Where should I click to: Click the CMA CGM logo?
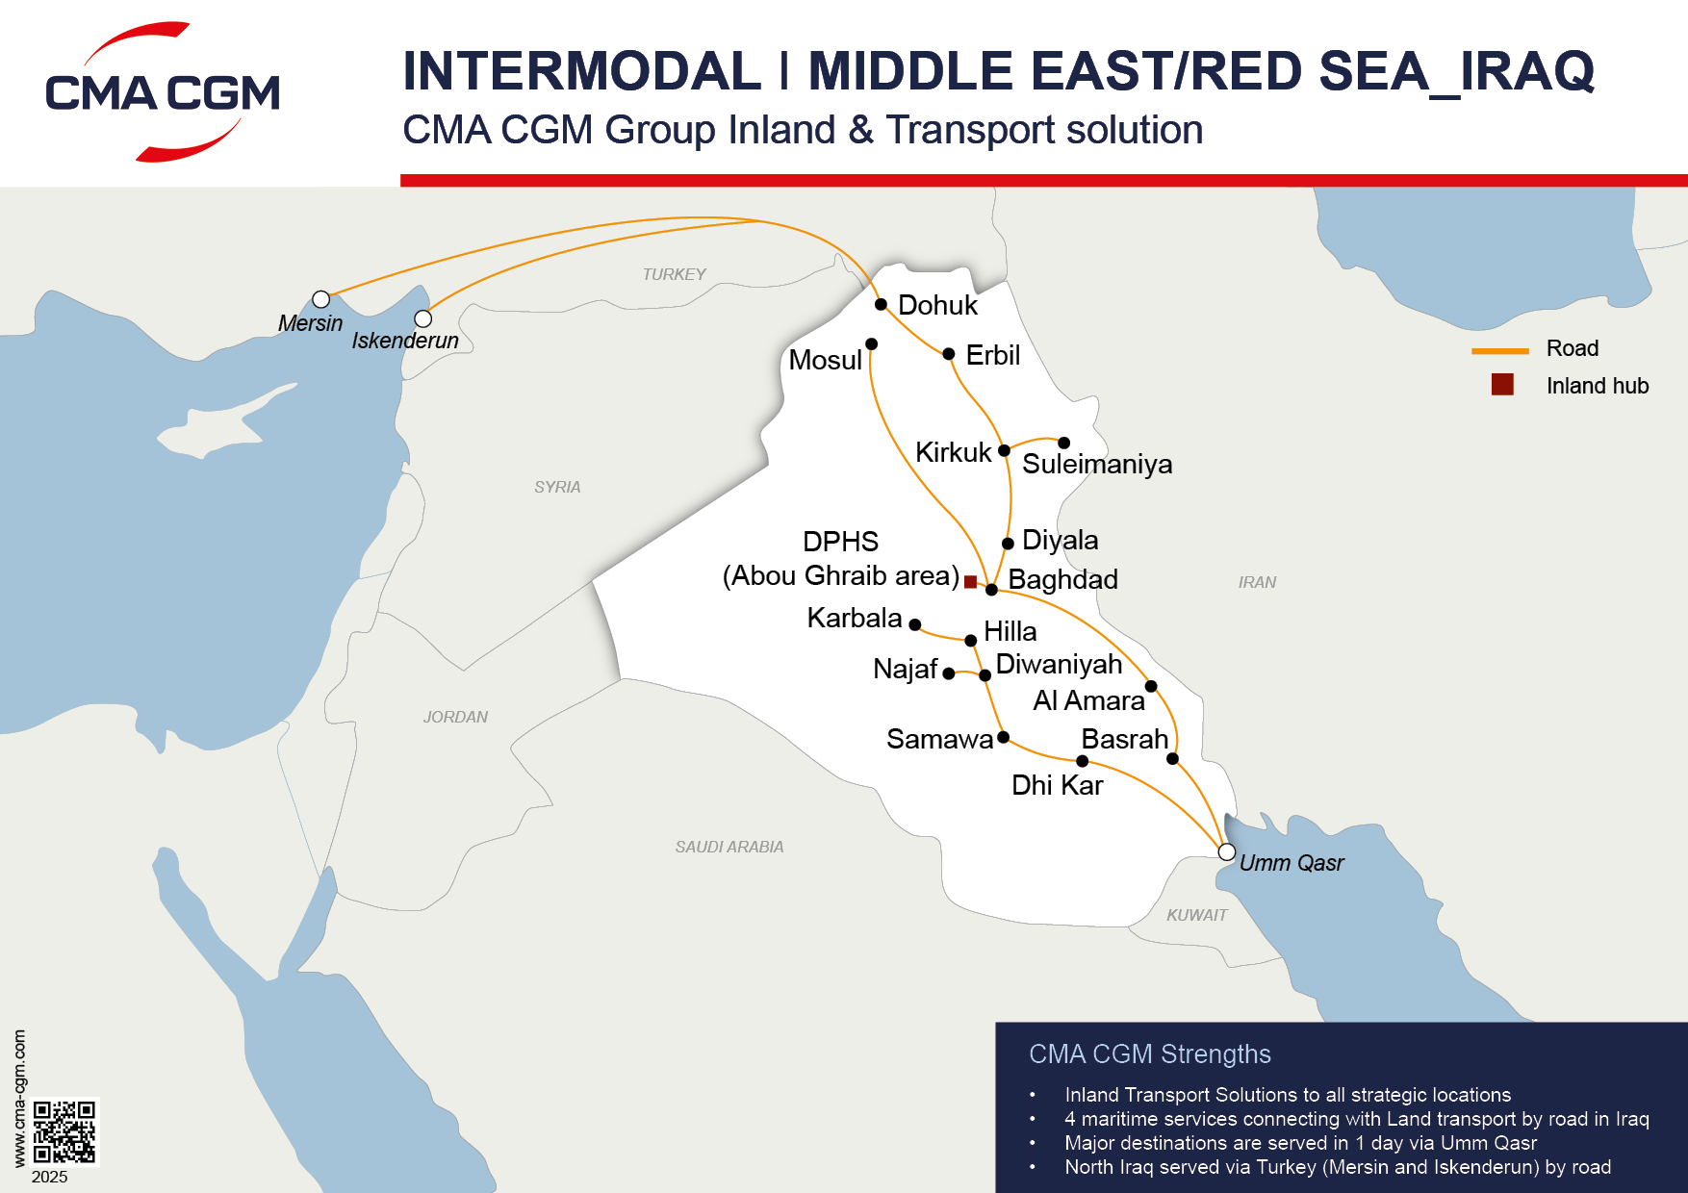tap(163, 92)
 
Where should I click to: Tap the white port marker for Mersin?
tap(321, 299)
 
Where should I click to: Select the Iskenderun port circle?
tap(422, 318)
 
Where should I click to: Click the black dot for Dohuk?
tap(881, 304)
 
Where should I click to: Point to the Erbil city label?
tap(992, 355)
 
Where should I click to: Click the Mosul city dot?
tap(871, 343)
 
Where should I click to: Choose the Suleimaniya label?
tap(1097, 464)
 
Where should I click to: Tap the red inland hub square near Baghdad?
tap(970, 581)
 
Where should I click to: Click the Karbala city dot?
tap(915, 624)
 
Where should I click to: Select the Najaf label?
tap(905, 669)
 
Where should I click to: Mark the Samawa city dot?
tap(1003, 737)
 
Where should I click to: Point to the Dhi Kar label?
tap(1057, 785)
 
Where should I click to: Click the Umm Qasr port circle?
tap(1226, 851)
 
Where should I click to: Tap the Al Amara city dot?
tap(1151, 686)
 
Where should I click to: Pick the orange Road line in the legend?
tap(1499, 350)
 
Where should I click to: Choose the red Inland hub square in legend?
tap(1502, 385)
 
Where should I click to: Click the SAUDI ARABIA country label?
tap(729, 847)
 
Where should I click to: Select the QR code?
tap(64, 1132)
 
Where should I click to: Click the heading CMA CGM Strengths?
tap(1149, 1054)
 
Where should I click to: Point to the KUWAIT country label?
tap(1196, 915)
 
